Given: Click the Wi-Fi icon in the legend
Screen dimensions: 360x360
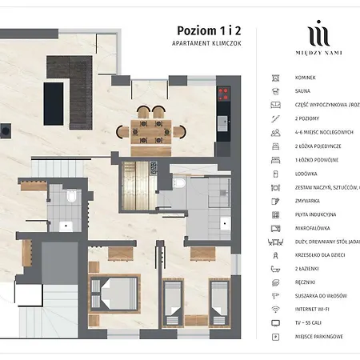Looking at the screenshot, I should pos(275,309).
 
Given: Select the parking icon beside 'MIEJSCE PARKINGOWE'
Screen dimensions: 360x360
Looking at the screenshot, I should pos(275,337).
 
